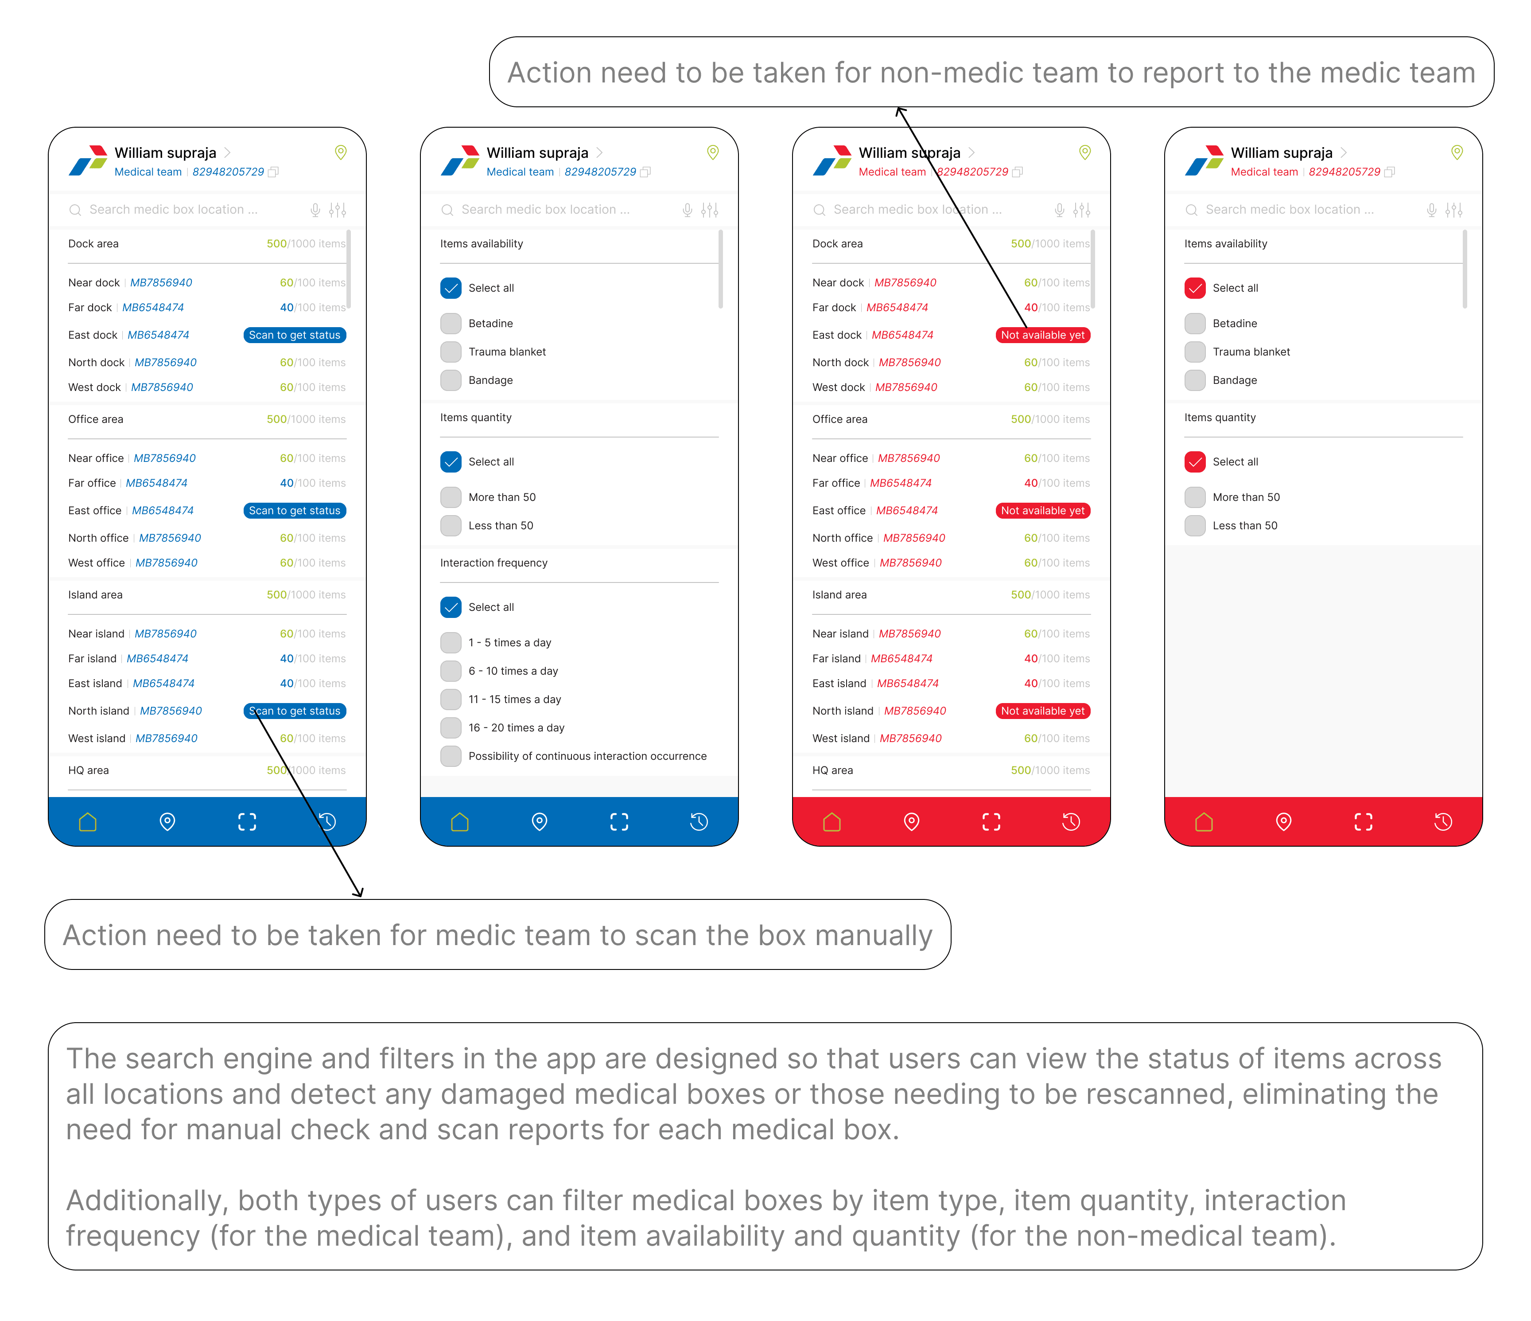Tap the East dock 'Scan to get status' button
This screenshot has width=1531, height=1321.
[x=294, y=335]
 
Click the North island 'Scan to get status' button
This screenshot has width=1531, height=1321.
[x=294, y=711]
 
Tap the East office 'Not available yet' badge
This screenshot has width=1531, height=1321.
[x=1042, y=511]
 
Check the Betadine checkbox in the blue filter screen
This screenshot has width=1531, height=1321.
[x=451, y=324]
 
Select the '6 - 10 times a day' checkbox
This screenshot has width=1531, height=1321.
[x=451, y=671]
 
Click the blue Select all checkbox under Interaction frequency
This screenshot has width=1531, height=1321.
[x=451, y=607]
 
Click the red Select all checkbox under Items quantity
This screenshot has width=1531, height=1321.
[x=1195, y=462]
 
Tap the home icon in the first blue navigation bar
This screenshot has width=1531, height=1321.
[x=88, y=821]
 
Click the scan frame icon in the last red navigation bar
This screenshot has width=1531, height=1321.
[x=1363, y=821]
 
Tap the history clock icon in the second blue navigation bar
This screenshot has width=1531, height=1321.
[x=699, y=821]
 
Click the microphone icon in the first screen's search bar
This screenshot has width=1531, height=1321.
[x=315, y=210]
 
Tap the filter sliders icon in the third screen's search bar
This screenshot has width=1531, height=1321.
[x=1082, y=210]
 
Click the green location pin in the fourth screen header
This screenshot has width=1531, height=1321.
[x=1457, y=152]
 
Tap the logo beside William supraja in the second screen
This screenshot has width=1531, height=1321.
[x=459, y=160]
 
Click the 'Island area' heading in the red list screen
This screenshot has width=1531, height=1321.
[x=839, y=595]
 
